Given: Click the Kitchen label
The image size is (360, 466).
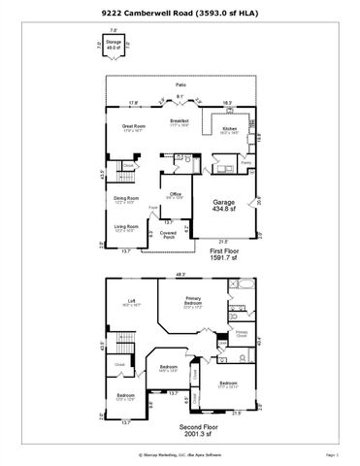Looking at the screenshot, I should (x=230, y=128).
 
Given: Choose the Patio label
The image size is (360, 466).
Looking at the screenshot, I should (x=180, y=86).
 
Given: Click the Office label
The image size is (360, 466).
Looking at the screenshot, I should (x=176, y=195).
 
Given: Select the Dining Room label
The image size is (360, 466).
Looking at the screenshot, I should (x=125, y=200).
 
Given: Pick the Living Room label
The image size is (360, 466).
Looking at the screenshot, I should (x=125, y=229).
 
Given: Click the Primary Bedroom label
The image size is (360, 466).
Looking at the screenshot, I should (x=194, y=300).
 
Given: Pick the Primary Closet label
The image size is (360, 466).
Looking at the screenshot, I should (x=242, y=333).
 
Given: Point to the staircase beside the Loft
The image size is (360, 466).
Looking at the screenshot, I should (x=122, y=342).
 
